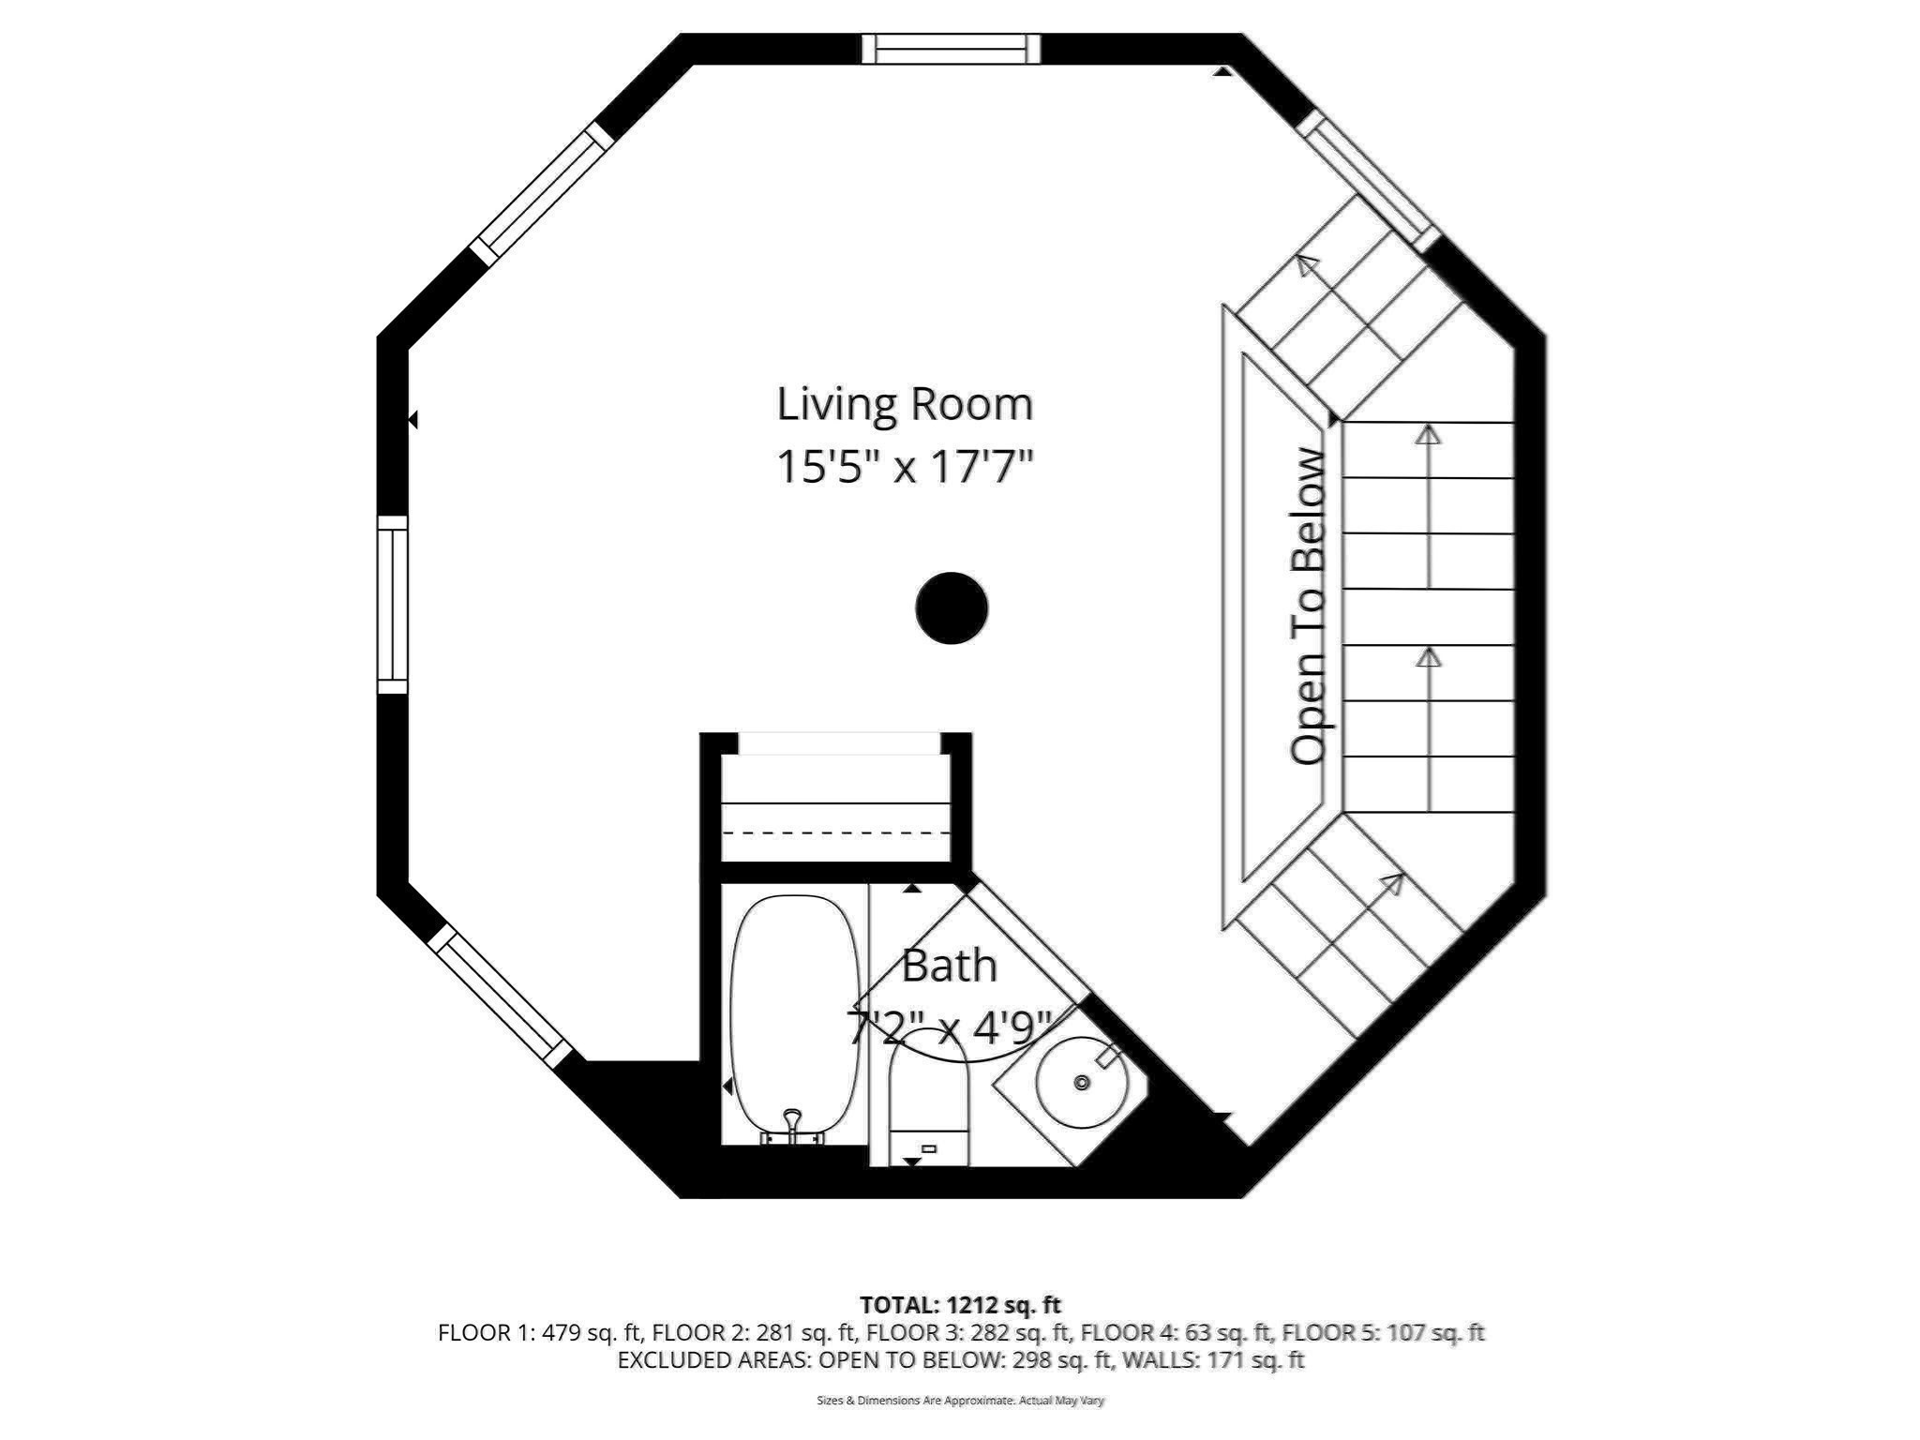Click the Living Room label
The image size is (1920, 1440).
tap(905, 404)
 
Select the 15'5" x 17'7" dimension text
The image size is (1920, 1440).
tap(905, 466)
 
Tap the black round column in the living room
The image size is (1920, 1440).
tap(952, 608)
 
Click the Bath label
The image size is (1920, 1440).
tap(949, 966)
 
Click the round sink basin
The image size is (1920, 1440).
tap(1081, 1083)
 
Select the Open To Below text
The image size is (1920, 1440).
tap(1310, 607)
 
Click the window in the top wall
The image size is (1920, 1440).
tap(951, 49)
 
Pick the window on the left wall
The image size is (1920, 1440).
tap(393, 605)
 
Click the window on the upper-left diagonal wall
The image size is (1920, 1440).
tap(541, 194)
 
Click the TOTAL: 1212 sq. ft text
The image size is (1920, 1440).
tap(960, 1304)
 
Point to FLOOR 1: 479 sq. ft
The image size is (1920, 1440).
tap(539, 1332)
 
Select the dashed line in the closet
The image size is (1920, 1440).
tap(834, 832)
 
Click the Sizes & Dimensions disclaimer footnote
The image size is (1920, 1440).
tap(960, 1401)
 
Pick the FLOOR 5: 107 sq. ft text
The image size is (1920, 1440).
tap(1383, 1332)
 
